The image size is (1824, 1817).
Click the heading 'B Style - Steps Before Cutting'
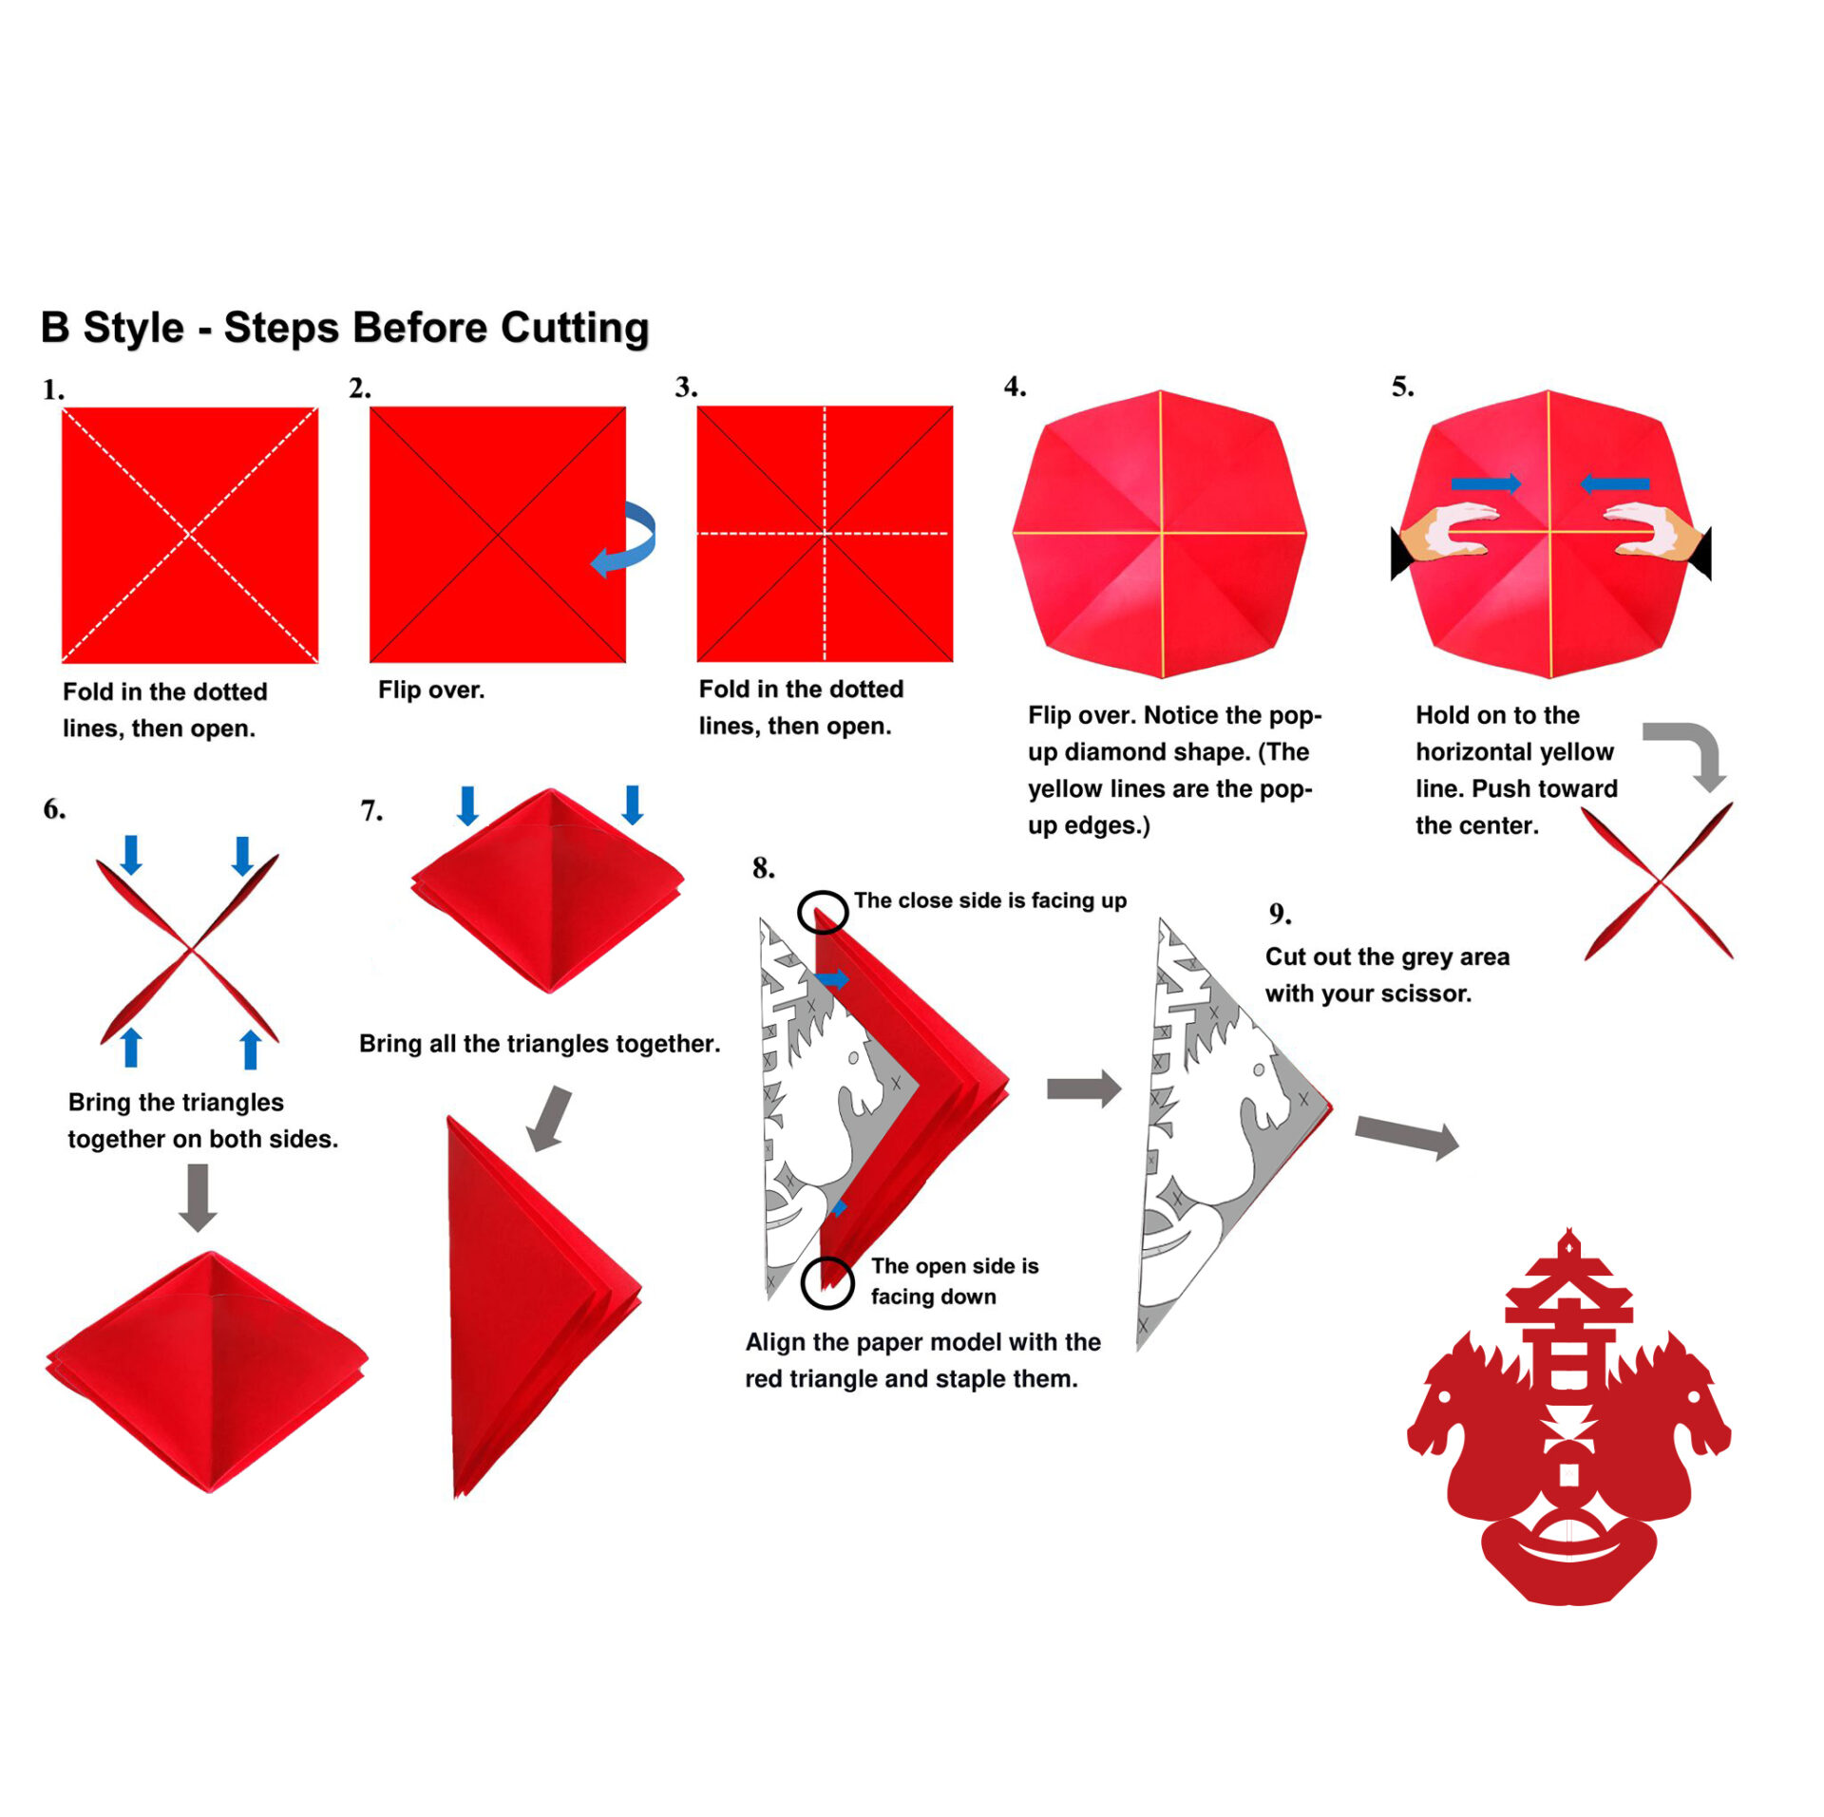point(345,328)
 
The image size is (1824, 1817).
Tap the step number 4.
point(1015,387)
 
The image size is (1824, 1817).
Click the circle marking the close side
point(823,913)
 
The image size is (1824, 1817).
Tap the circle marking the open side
point(827,1283)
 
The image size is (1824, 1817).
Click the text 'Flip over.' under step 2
point(431,690)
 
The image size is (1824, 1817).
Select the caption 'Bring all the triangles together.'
point(540,1044)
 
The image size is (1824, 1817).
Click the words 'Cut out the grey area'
point(1387,956)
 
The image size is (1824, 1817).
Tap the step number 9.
point(1280,914)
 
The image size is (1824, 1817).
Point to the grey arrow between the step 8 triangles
point(1084,1088)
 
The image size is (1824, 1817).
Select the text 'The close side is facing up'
point(990,900)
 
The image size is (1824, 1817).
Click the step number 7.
point(371,810)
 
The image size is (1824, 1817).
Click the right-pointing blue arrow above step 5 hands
point(1486,484)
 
